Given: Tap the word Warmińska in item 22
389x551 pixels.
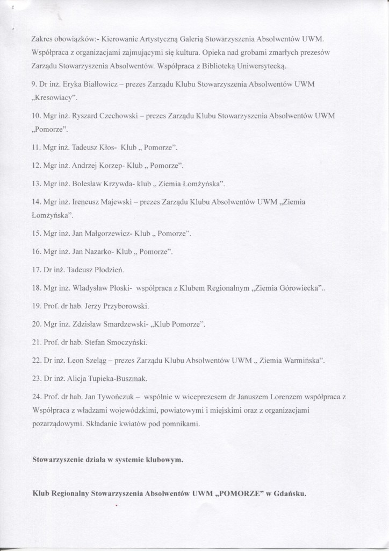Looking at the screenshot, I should point(302,359).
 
